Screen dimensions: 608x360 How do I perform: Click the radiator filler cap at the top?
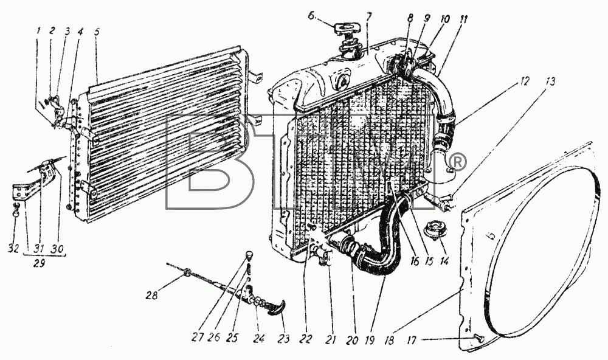(x=347, y=28)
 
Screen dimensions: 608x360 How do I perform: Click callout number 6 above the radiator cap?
(x=312, y=16)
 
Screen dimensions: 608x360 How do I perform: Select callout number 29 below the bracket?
(x=39, y=263)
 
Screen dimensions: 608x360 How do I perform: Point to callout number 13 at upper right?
(x=550, y=81)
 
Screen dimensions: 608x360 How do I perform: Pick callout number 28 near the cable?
(x=152, y=295)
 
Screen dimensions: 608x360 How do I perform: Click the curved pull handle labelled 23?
(x=277, y=308)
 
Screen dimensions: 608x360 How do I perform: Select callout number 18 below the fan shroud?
(x=389, y=340)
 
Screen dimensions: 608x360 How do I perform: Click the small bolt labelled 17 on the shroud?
(x=480, y=339)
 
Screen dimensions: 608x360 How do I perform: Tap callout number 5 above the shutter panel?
(x=97, y=32)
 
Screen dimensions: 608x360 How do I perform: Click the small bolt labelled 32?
(x=16, y=210)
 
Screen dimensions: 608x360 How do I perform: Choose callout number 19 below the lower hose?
(x=369, y=340)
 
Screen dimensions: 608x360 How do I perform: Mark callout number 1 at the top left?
(x=38, y=32)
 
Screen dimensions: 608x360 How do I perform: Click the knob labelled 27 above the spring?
(x=249, y=255)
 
